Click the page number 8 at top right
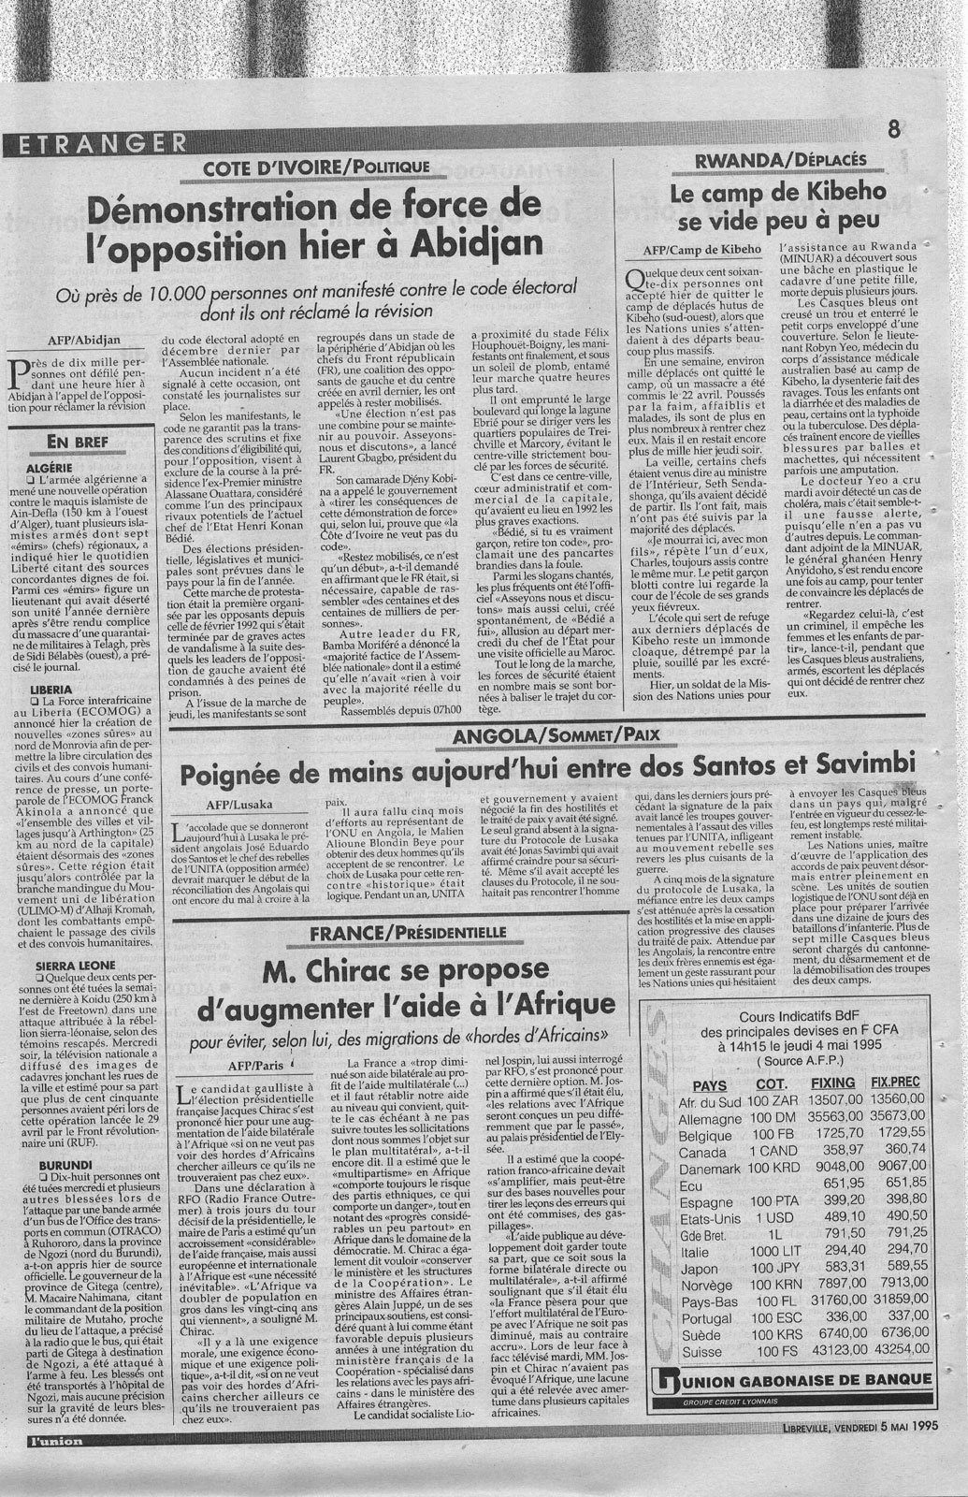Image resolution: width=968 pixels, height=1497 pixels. coord(894,131)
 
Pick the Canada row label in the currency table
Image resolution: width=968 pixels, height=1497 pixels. coord(700,1152)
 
